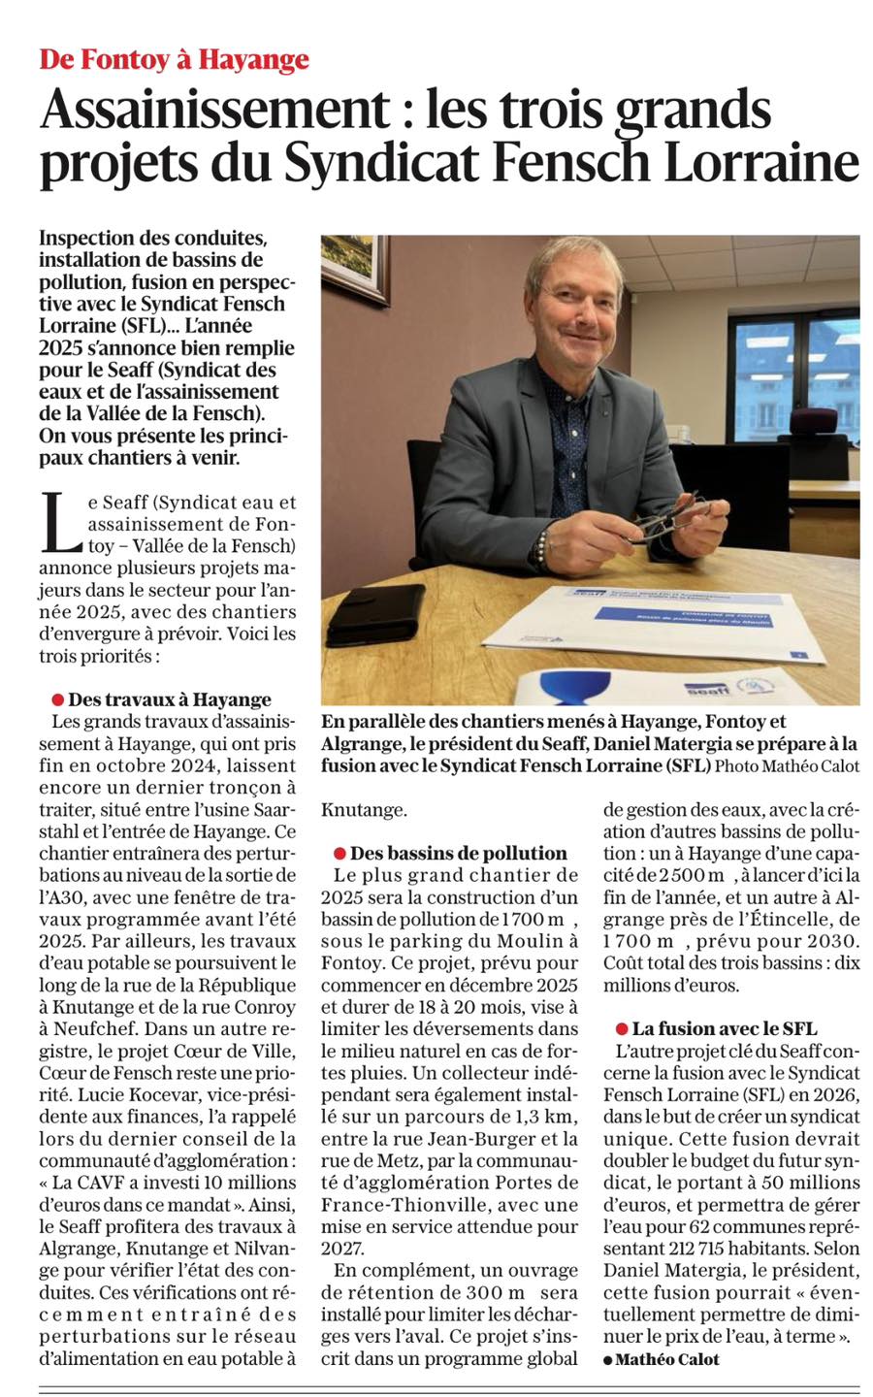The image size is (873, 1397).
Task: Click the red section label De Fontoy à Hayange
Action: (174, 59)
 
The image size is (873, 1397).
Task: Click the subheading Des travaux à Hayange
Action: (170, 699)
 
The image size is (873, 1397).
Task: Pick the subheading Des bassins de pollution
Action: (458, 854)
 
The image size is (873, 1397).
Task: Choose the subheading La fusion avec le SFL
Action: (724, 1028)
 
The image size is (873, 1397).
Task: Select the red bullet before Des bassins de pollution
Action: (339, 854)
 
